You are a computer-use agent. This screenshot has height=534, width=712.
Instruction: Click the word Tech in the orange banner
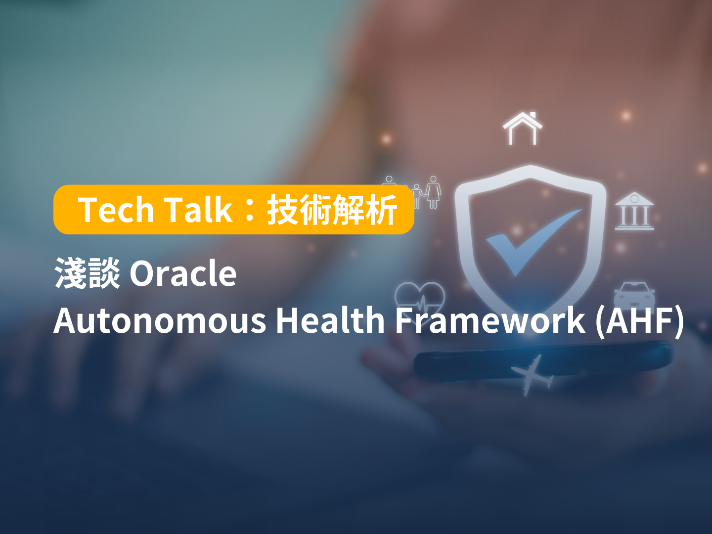[116, 210]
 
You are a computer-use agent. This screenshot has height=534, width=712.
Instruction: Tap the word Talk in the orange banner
[197, 210]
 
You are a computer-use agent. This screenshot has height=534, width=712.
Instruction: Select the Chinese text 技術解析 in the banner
[332, 210]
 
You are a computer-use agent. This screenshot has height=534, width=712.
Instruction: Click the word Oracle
[183, 273]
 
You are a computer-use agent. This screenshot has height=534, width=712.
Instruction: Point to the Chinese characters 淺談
[87, 273]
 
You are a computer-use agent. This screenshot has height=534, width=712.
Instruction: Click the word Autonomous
[159, 320]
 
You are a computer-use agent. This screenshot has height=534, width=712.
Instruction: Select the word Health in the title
[330, 320]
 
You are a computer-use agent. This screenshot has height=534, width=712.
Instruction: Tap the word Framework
[490, 320]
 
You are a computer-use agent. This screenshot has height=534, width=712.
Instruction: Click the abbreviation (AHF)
[640, 320]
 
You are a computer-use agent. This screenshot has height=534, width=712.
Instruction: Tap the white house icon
[523, 129]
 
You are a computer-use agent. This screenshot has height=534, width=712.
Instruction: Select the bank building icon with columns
[634, 212]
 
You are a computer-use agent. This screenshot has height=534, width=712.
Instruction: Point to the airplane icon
[532, 374]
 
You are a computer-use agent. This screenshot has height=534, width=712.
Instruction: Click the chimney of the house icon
[533, 116]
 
